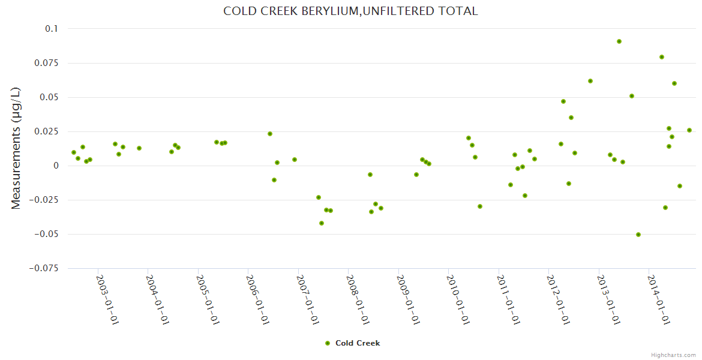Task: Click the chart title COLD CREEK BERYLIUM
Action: point(350,11)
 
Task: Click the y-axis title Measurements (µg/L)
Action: point(16,148)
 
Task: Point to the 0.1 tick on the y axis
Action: point(52,29)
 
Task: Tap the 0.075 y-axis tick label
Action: point(46,63)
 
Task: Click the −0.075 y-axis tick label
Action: point(43,268)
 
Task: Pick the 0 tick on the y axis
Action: point(56,166)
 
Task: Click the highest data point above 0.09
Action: point(619,41)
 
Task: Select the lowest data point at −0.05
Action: point(638,235)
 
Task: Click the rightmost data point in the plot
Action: point(689,130)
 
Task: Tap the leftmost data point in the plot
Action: point(74,152)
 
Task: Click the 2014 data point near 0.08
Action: point(662,57)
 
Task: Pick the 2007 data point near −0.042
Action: point(322,223)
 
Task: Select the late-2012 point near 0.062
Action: point(590,81)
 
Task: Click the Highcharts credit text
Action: point(673,355)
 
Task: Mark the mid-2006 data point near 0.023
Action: point(270,134)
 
